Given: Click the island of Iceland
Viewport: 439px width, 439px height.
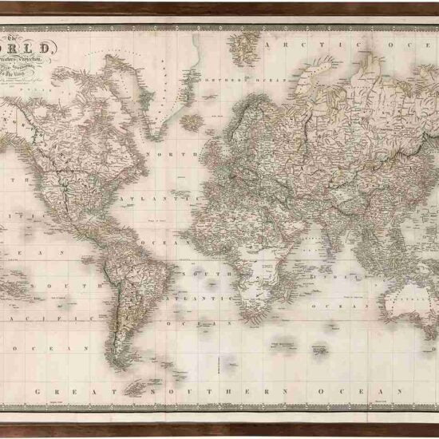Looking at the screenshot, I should (192, 121).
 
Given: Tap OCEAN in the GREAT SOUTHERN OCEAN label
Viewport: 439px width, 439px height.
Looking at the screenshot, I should (344, 393).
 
